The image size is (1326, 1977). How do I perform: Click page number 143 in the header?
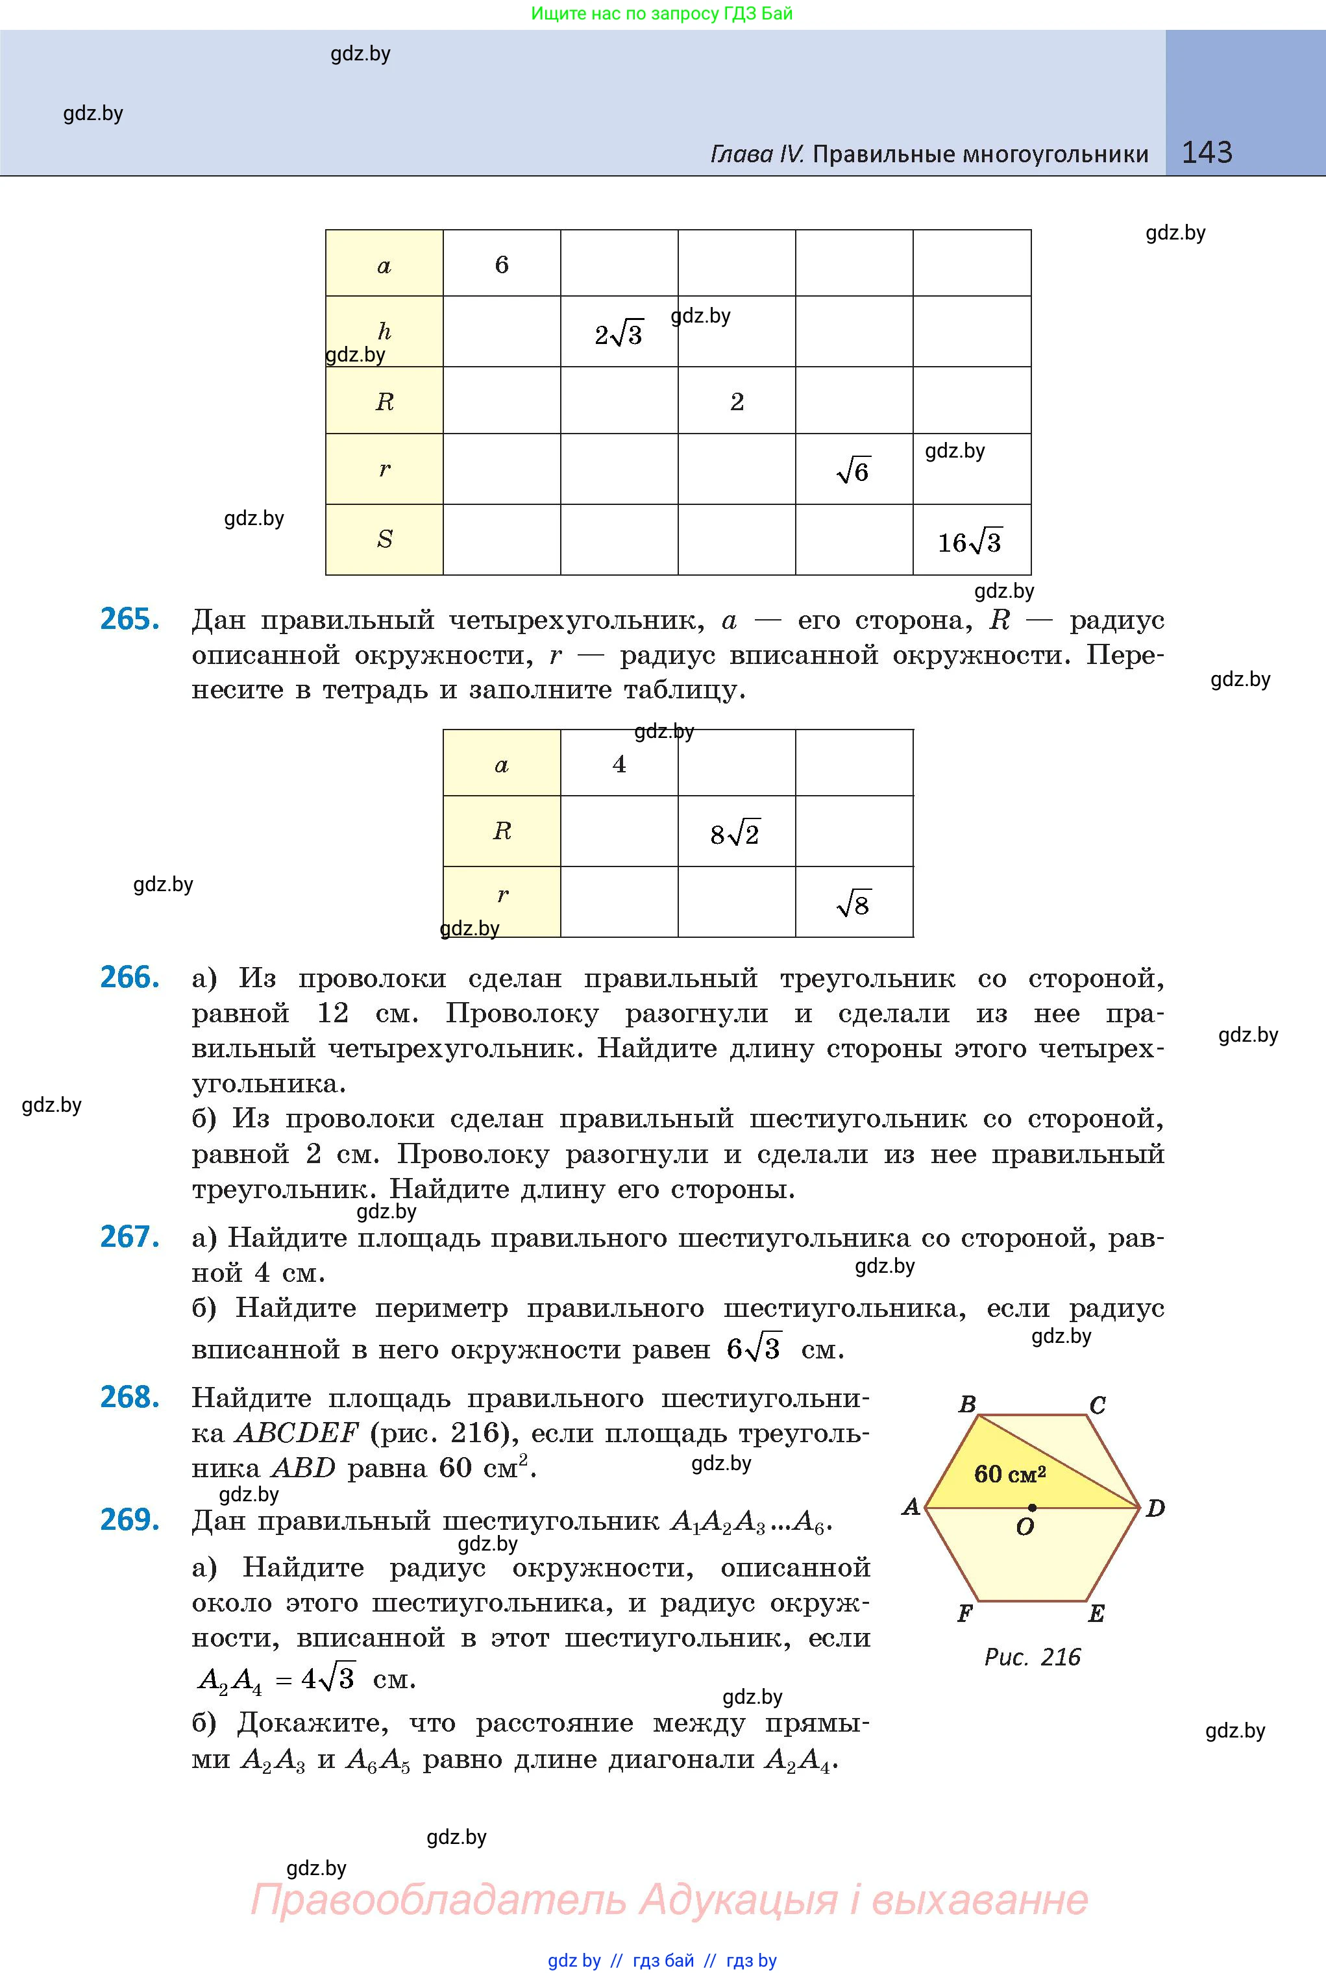coord(1207,153)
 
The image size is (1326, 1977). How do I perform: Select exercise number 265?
coord(129,620)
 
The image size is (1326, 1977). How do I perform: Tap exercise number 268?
coord(129,1397)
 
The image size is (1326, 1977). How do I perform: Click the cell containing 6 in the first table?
coord(502,265)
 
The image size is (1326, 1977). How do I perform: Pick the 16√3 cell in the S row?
coord(971,541)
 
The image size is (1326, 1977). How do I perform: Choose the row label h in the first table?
coord(384,332)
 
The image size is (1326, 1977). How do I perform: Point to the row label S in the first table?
coord(384,539)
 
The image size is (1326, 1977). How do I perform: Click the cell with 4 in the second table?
coord(619,763)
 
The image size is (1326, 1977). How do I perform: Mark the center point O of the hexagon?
coord(1032,1508)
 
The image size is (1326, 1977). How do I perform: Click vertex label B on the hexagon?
coord(968,1405)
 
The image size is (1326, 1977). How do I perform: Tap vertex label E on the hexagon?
coord(1096,1614)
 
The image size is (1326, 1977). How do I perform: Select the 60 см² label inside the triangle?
coord(1010,1474)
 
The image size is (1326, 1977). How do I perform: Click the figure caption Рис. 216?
coord(1032,1656)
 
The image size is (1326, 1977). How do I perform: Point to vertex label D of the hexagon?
coord(1155,1508)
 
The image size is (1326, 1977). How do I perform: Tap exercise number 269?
coord(129,1519)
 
